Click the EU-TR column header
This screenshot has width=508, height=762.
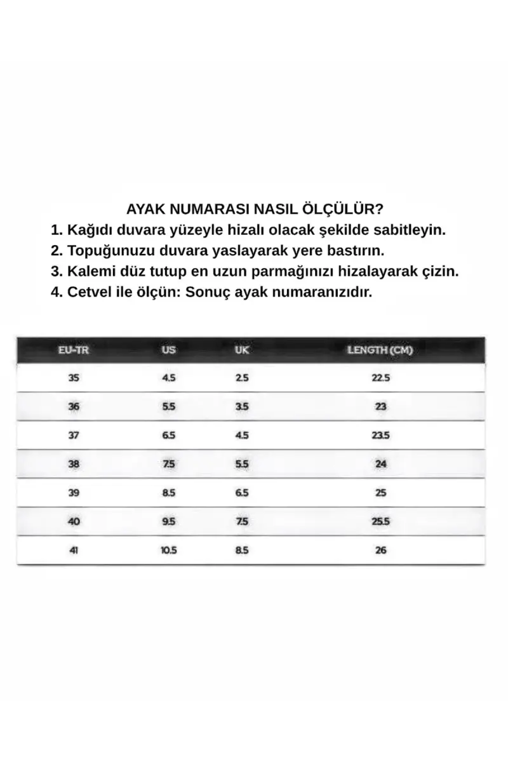(74, 350)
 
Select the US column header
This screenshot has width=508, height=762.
(168, 350)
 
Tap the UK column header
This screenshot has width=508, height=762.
(241, 350)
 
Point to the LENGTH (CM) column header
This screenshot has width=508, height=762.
(380, 350)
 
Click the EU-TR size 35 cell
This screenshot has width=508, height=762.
(74, 378)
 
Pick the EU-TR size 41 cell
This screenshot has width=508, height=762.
(74, 551)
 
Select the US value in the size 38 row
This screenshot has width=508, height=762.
(168, 464)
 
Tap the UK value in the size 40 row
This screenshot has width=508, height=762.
(241, 522)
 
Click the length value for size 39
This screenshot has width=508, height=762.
(380, 493)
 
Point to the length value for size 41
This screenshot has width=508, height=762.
(380, 551)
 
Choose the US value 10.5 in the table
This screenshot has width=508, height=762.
(168, 551)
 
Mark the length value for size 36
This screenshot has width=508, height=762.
(380, 406)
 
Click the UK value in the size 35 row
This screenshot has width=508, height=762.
(241, 378)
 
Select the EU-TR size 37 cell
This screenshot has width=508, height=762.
(74, 435)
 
